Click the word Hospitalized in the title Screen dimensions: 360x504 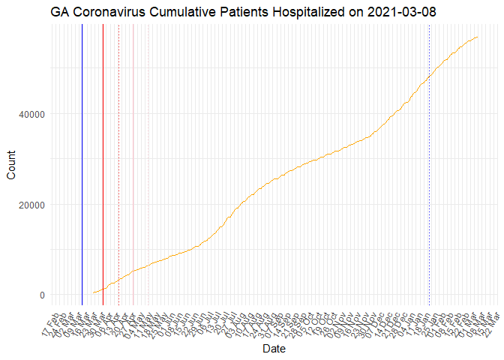coord(316,13)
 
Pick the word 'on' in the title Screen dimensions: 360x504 coord(363,13)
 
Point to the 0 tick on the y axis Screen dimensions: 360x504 coord(42,295)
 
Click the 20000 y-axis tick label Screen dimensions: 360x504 coord(31,205)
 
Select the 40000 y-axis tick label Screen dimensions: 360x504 coord(31,114)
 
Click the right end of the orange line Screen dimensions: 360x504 coord(478,37)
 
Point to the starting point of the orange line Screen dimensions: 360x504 coord(92,293)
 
